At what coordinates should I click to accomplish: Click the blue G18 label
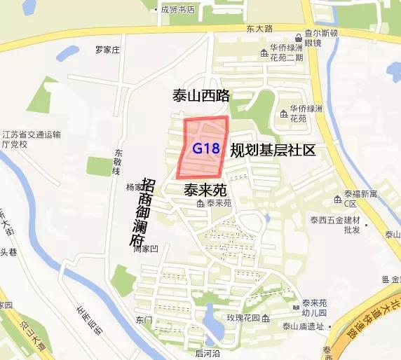pyautogui.click(x=206, y=148)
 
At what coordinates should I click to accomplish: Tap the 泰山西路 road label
pyautogui.click(x=202, y=96)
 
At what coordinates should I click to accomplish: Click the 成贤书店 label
pyautogui.click(x=177, y=10)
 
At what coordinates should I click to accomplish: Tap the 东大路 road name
pyautogui.click(x=259, y=29)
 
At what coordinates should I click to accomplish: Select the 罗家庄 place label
pyautogui.click(x=108, y=50)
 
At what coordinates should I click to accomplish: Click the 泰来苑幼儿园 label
pyautogui.click(x=315, y=307)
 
